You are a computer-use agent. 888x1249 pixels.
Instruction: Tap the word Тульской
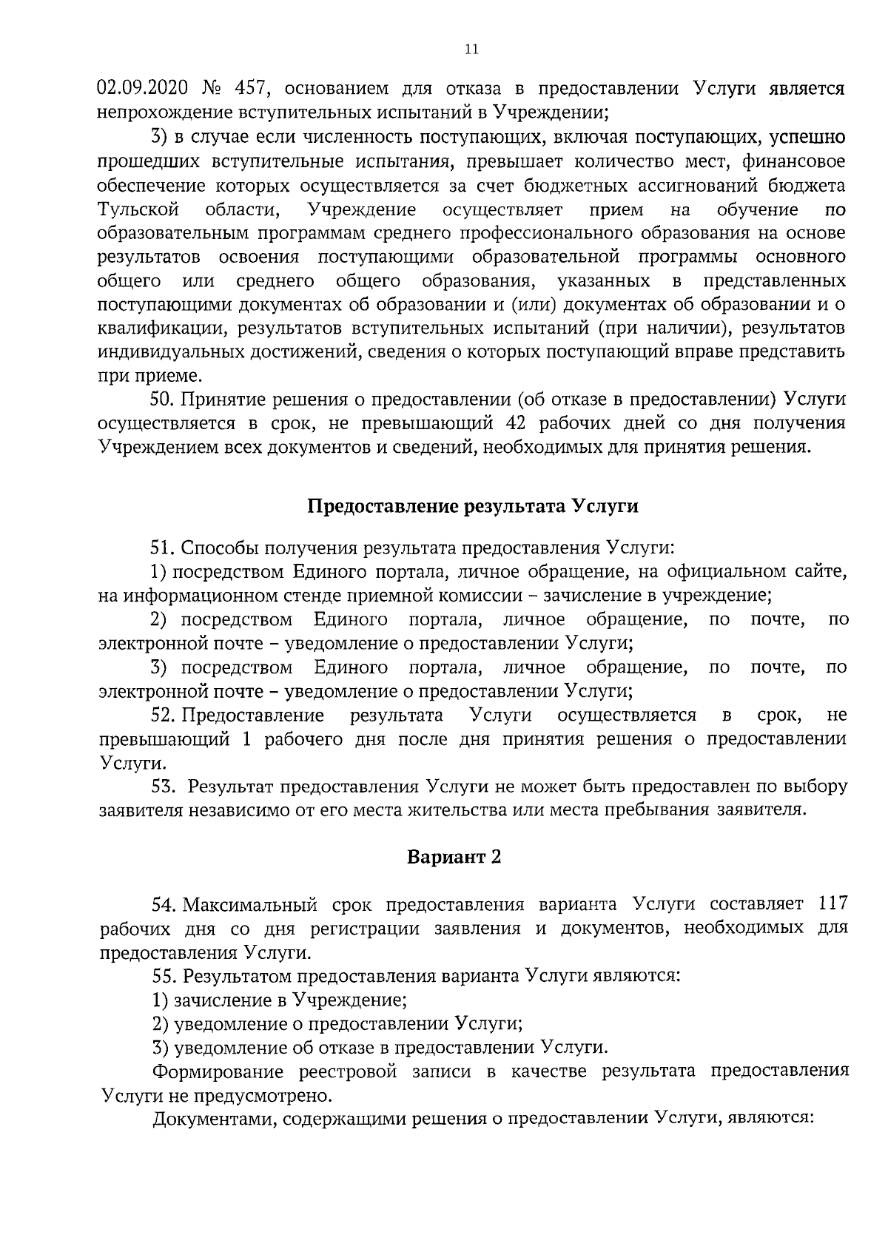(x=138, y=209)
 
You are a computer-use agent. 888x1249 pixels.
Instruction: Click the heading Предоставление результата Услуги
(x=473, y=507)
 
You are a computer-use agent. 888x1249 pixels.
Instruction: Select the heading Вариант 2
(x=454, y=857)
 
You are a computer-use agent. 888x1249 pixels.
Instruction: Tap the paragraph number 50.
(x=161, y=400)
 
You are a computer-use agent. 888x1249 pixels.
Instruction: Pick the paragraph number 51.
(x=161, y=548)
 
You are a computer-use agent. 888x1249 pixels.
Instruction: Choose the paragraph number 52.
(x=162, y=716)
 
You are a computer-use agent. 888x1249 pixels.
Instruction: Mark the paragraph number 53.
(x=162, y=787)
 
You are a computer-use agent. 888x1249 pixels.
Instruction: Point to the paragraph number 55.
(x=163, y=976)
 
